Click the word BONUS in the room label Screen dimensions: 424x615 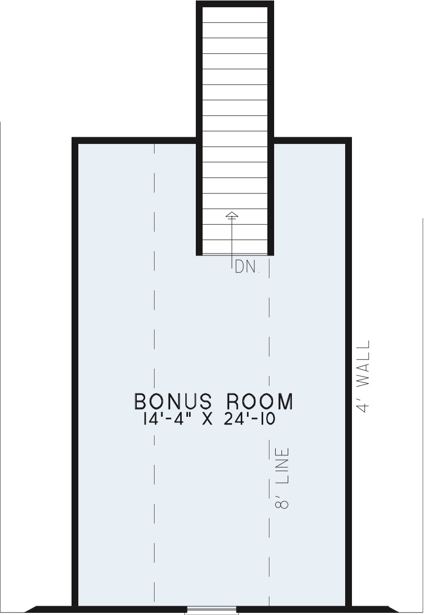(173, 401)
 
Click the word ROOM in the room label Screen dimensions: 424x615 (260, 401)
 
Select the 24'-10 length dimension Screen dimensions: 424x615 (250, 419)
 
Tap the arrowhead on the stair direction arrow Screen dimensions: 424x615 (232, 214)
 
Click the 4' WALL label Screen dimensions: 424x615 (363, 376)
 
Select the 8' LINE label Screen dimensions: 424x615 (282, 478)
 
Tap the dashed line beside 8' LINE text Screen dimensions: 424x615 (269, 431)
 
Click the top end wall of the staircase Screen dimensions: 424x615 (235, 4)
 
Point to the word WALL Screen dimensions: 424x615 (363, 364)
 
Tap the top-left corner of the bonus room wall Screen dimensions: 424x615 (72, 138)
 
